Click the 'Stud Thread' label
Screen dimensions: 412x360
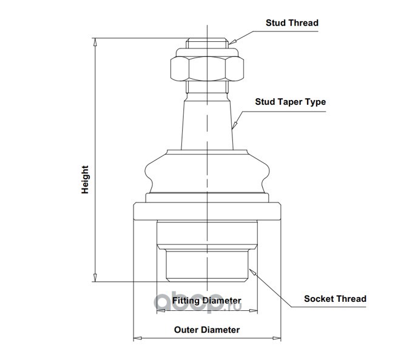(x=292, y=23)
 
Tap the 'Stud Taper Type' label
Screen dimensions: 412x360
(x=290, y=101)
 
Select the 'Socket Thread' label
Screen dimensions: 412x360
(x=335, y=299)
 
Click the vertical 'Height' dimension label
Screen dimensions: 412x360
(x=86, y=180)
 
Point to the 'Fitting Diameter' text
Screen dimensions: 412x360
(x=206, y=301)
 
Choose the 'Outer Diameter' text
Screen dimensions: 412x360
(x=206, y=330)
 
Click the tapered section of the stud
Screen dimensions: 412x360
(x=207, y=124)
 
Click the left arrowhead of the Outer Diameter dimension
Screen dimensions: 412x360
(x=137, y=338)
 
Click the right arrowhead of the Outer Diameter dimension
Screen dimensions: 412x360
(x=277, y=338)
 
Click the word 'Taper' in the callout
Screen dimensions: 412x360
(x=288, y=101)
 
